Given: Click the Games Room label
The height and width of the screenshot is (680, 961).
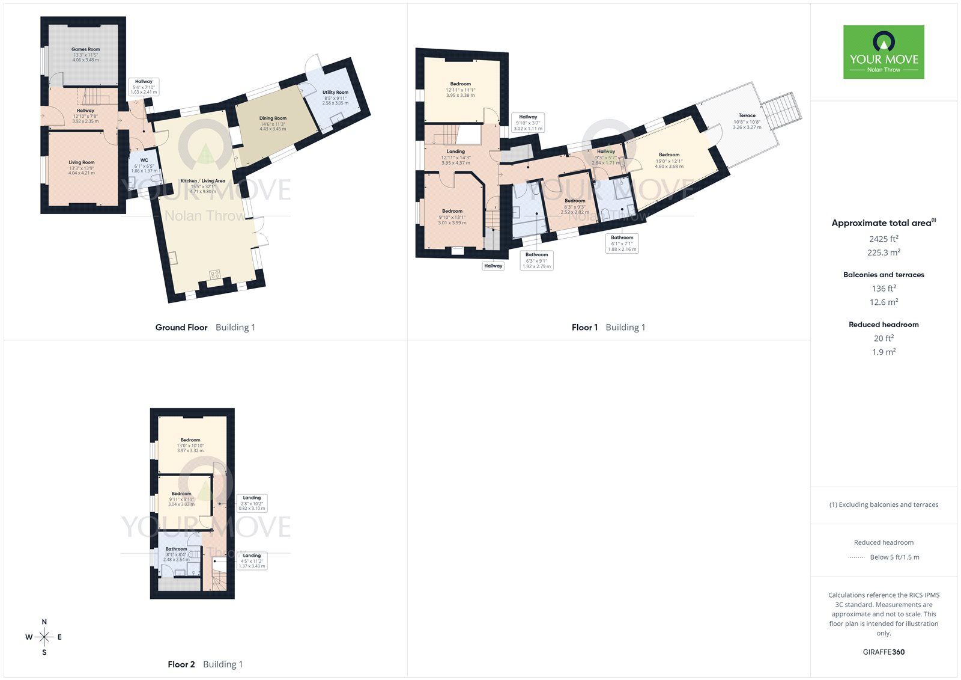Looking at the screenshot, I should click(85, 49).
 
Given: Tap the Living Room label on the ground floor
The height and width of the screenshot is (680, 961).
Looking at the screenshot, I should click(82, 162).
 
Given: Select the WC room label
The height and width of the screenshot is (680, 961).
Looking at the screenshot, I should click(144, 161).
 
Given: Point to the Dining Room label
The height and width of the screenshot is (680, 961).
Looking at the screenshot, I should click(273, 118).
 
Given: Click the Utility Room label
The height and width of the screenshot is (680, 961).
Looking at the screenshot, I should click(335, 93).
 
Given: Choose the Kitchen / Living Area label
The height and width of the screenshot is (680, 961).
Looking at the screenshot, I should click(203, 181).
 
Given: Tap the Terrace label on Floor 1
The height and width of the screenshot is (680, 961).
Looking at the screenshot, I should click(747, 115).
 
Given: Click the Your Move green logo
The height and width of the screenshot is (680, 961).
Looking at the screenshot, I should click(884, 52).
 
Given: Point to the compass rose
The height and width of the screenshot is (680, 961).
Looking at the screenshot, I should click(44, 637).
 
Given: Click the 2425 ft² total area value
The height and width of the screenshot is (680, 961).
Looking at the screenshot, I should click(884, 239).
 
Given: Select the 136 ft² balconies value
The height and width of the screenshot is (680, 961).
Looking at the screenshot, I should click(884, 289).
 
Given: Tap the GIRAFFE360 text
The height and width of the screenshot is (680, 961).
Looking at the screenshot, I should click(884, 652).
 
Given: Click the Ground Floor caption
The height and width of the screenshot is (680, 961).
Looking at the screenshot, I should click(181, 327).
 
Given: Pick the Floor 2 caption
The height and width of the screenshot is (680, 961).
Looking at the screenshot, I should click(181, 664).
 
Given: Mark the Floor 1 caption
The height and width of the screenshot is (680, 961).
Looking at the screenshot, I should click(584, 327).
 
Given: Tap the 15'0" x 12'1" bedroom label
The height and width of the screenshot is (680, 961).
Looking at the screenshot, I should click(668, 155).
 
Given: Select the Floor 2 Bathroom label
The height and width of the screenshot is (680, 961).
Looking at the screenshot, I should click(177, 549).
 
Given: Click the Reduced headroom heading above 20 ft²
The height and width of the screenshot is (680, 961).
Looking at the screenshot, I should click(884, 325).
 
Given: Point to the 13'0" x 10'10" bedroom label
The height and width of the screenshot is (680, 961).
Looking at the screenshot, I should click(190, 440).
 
